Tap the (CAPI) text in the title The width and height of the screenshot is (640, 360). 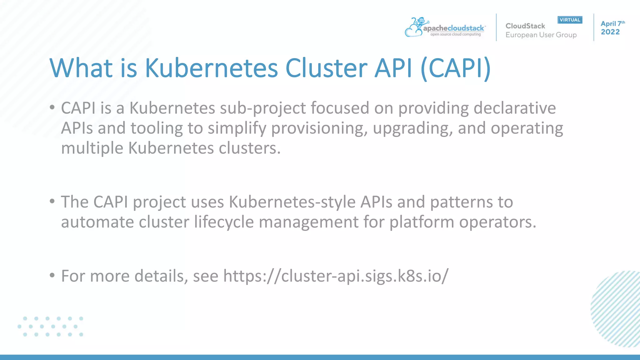[456, 68]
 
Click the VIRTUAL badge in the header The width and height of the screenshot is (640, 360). [570, 20]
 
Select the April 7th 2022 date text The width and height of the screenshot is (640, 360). [612, 28]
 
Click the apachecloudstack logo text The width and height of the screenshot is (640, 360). [453, 28]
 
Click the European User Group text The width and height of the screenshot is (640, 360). [541, 35]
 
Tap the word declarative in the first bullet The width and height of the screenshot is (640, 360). [515, 108]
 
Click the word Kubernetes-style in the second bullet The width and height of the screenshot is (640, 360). [292, 202]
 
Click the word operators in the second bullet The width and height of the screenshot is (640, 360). [497, 222]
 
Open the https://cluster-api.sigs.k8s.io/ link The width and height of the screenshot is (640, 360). [336, 276]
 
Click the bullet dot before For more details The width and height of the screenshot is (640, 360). [52, 275]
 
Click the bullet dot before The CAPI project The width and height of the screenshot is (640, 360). [52, 201]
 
